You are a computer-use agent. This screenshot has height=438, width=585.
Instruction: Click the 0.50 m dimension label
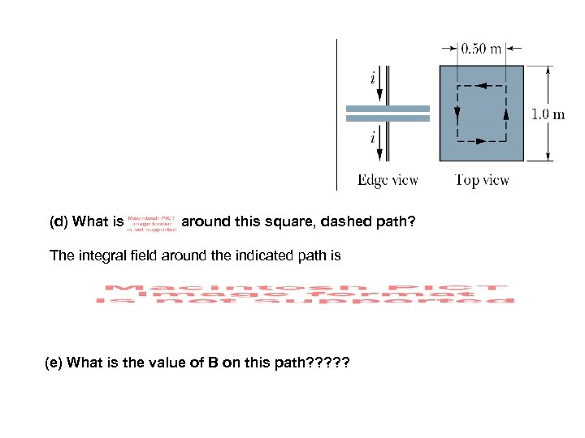click(481, 49)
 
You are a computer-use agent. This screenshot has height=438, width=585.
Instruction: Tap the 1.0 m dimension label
click(548, 114)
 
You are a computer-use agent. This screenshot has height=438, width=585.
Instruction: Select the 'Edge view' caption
click(388, 180)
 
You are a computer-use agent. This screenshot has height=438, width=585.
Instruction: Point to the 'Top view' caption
click(482, 180)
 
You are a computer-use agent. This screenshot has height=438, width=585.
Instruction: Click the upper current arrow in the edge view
click(379, 88)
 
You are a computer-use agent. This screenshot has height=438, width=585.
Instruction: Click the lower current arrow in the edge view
click(379, 152)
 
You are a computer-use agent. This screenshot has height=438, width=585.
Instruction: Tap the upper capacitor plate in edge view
click(388, 107)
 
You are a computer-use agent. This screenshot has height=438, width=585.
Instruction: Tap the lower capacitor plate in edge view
click(388, 118)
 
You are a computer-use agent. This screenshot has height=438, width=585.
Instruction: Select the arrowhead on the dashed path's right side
click(505, 114)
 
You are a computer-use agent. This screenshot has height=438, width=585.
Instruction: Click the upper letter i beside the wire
click(372, 79)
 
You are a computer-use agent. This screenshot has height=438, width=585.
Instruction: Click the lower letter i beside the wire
click(372, 138)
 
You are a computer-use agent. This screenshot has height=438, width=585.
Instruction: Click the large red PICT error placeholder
click(305, 294)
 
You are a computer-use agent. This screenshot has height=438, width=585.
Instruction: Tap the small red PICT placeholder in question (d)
click(152, 223)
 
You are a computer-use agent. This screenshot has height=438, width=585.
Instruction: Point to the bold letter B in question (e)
click(212, 363)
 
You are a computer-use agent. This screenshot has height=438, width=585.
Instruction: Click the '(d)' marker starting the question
click(59, 221)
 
